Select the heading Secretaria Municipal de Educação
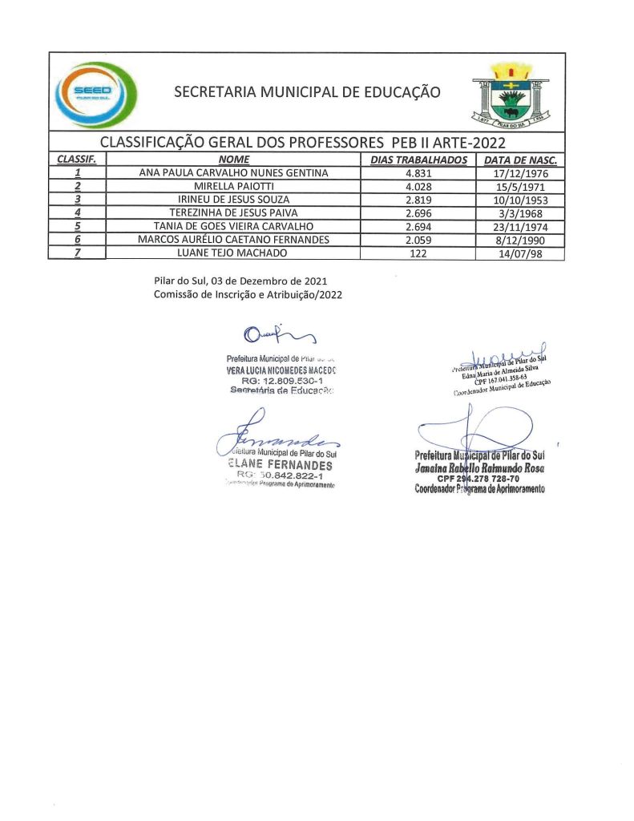(x=307, y=92)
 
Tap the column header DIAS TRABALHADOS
(x=419, y=160)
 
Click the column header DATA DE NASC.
(x=521, y=160)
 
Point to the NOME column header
(x=233, y=160)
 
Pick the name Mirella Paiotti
(x=233, y=186)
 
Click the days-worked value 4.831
(x=419, y=173)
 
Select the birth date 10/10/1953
(x=521, y=200)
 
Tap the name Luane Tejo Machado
(x=233, y=253)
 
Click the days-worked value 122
(x=419, y=253)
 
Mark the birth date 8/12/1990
(x=521, y=240)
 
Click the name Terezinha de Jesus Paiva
(x=233, y=213)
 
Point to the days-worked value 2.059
(x=419, y=240)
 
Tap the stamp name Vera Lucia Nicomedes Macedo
(x=281, y=370)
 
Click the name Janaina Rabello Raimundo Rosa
(x=480, y=468)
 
